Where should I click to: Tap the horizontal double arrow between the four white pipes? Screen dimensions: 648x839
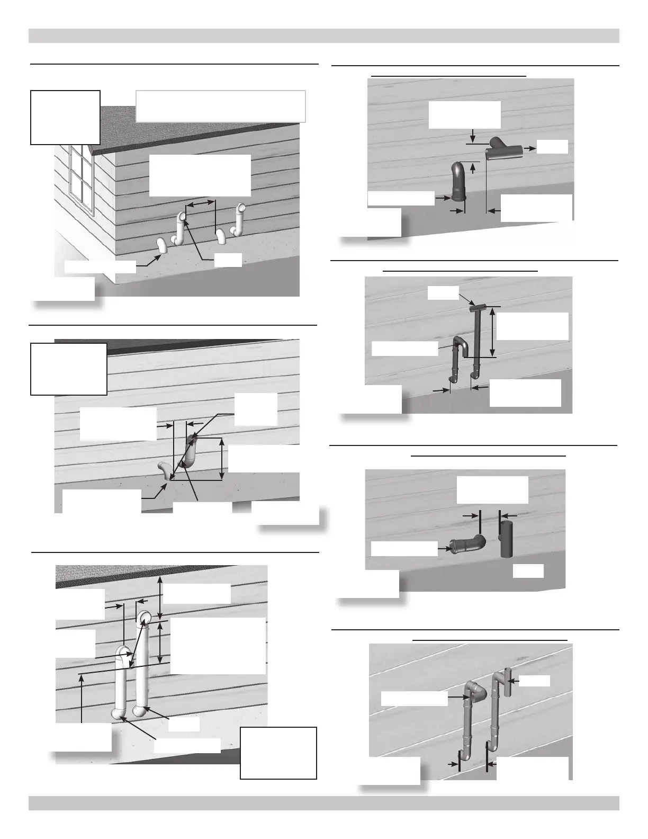tap(201, 203)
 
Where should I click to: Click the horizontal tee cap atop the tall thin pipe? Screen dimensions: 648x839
tap(477, 308)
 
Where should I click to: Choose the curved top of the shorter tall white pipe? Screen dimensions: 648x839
tap(123, 653)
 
